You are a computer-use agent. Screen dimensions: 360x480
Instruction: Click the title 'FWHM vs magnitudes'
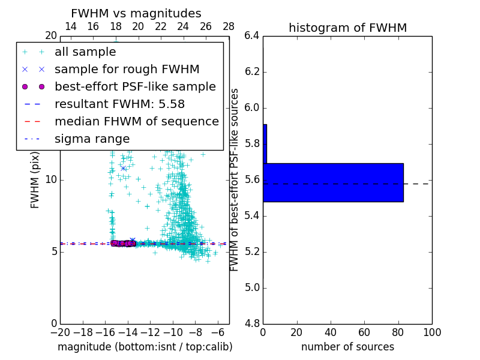point(136,13)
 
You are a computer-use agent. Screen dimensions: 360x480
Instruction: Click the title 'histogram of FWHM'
point(347,28)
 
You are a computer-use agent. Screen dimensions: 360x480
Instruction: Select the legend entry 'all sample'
point(85,52)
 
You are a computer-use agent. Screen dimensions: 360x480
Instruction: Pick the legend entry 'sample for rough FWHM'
point(127,70)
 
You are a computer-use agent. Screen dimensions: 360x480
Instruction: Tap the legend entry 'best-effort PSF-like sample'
point(135,87)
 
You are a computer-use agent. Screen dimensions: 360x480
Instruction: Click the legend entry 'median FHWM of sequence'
point(136,122)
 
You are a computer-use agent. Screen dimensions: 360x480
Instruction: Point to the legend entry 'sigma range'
point(92,139)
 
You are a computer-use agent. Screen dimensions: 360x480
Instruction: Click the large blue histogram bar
point(333,182)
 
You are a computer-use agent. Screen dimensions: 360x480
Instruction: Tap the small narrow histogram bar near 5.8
point(265,143)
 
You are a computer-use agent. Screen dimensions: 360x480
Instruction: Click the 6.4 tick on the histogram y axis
point(252,36)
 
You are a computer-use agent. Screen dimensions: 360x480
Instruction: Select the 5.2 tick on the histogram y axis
point(252,251)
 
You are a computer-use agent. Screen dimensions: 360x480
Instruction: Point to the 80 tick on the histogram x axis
point(398,332)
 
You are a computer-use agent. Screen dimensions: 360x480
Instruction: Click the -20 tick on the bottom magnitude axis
point(60,332)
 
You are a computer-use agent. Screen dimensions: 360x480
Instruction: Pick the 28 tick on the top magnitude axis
point(229,26)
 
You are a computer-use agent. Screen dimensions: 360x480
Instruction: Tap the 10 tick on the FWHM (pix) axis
point(50,179)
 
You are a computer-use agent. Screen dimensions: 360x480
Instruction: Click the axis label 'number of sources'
point(347,347)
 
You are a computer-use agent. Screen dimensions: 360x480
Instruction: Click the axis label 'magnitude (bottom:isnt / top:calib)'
point(145,347)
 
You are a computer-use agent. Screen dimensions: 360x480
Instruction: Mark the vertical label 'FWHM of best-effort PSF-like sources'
point(235,179)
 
